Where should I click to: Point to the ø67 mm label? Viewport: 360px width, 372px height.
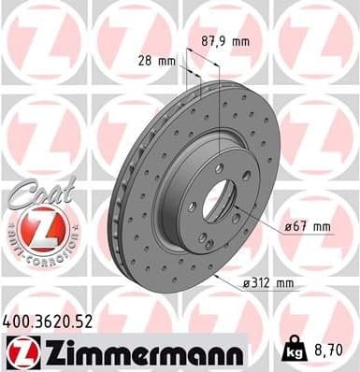click(310, 226)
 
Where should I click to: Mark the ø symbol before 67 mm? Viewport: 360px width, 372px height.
click(289, 226)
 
